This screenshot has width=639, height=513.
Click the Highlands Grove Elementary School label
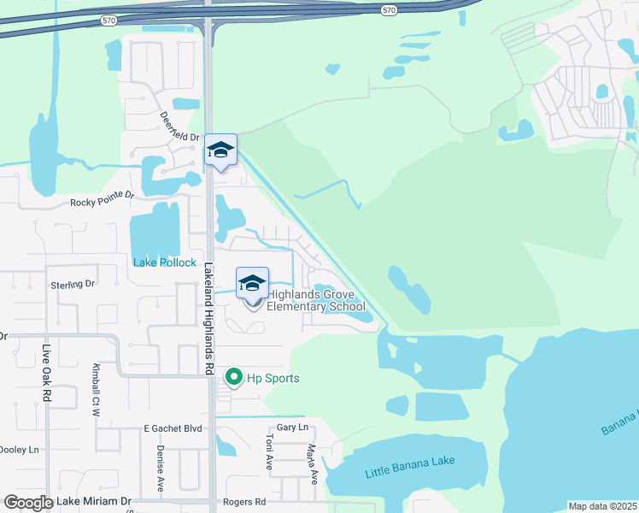coord(317,300)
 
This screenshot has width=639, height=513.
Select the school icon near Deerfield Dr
coord(221,150)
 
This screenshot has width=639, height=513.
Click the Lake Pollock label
coord(165,262)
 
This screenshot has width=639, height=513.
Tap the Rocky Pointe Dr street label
coord(103,199)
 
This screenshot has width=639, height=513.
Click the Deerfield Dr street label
coord(179,128)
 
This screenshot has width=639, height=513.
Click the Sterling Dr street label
coord(72,284)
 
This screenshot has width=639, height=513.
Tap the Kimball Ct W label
coord(97,391)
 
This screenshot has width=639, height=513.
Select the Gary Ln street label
coord(291,427)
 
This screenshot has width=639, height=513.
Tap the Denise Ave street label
coord(160,468)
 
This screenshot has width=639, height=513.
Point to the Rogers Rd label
coord(244,502)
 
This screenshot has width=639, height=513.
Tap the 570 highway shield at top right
coord(390,9)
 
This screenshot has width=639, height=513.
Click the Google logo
coord(28,503)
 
